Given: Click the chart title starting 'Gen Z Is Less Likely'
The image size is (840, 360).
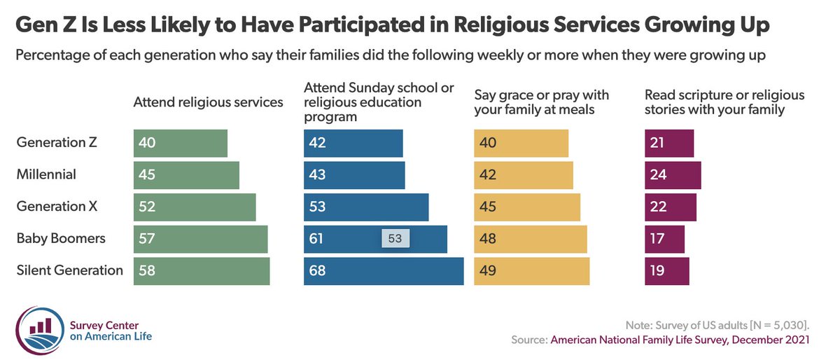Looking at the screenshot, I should click(x=393, y=25).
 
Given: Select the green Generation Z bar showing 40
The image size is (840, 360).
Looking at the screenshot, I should click(x=180, y=143).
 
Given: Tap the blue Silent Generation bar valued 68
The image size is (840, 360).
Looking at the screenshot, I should click(x=383, y=271).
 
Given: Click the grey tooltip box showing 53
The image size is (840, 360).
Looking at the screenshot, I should click(x=395, y=238).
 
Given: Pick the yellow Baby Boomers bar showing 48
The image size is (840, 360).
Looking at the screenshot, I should click(x=530, y=239).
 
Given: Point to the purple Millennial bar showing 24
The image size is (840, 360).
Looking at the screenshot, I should click(x=670, y=175).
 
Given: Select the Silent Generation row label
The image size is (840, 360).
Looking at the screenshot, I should click(x=70, y=270).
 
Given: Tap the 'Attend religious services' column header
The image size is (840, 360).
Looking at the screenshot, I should click(x=208, y=102).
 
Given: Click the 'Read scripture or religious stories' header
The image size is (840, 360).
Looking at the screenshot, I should click(x=724, y=102).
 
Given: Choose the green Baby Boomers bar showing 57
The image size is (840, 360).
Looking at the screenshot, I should click(x=200, y=239).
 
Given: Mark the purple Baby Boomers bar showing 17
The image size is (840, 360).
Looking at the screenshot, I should click(x=664, y=239).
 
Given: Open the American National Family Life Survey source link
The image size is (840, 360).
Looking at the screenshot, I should click(x=680, y=340).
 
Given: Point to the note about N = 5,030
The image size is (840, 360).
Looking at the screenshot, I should click(x=717, y=326).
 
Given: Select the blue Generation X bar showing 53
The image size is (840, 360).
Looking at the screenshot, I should click(x=365, y=207).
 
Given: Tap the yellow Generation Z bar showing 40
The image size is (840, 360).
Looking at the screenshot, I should click(x=521, y=143).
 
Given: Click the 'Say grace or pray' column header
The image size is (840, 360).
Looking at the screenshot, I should click(x=542, y=102).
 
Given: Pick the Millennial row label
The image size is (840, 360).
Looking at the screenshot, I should click(x=46, y=174).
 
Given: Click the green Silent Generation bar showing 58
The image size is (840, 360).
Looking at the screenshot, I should click(x=201, y=271).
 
